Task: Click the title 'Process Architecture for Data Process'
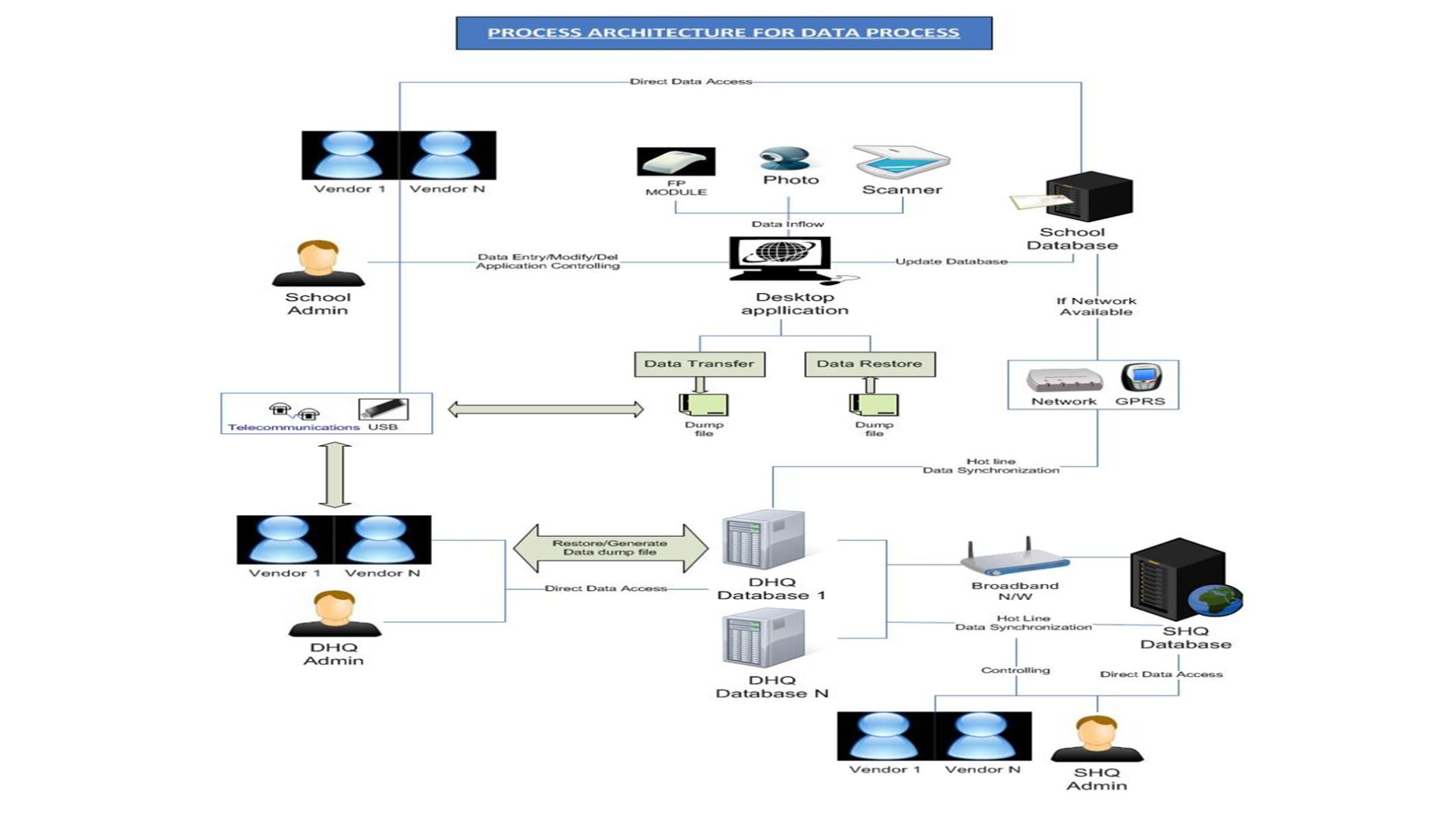click(724, 33)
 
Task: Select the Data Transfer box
click(699, 364)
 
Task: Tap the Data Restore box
click(869, 364)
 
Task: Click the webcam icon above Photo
click(784, 158)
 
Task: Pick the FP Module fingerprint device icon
click(676, 162)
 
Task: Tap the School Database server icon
click(1088, 196)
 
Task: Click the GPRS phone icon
click(1141, 378)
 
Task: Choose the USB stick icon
click(383, 409)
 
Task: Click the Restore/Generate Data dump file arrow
click(610, 548)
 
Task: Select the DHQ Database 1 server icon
click(763, 539)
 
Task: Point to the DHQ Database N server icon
click(763, 640)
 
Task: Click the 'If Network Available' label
click(1096, 306)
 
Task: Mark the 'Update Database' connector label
click(951, 261)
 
